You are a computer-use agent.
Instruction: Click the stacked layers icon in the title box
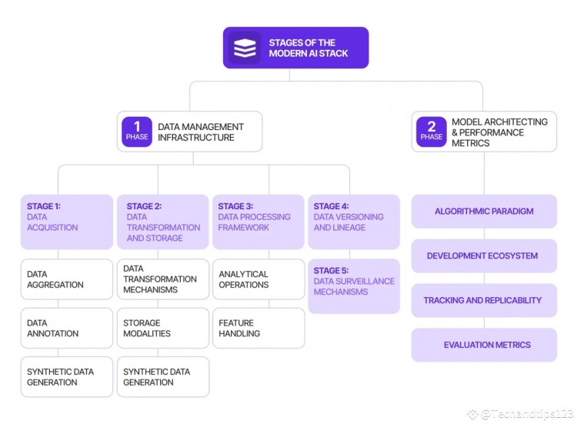click(x=245, y=48)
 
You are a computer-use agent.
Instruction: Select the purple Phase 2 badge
click(x=431, y=132)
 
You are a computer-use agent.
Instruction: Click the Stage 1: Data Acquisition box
click(x=67, y=222)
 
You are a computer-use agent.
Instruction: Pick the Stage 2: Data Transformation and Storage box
click(x=162, y=222)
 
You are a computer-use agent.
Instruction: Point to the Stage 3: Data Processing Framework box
click(x=258, y=222)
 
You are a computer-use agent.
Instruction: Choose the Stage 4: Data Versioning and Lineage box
click(x=354, y=222)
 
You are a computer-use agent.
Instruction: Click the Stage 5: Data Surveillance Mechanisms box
click(x=354, y=286)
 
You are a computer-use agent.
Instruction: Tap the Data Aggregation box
click(x=67, y=279)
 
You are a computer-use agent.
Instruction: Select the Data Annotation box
click(x=67, y=328)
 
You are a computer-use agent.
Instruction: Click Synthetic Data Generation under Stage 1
click(x=67, y=376)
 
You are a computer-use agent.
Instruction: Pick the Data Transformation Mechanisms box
click(x=162, y=279)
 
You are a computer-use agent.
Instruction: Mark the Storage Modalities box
click(x=162, y=328)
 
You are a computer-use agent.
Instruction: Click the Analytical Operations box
click(x=258, y=279)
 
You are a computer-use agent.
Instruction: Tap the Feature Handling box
click(x=258, y=328)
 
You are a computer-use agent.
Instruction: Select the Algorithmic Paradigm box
click(x=484, y=211)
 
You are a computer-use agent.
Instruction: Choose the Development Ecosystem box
click(x=484, y=255)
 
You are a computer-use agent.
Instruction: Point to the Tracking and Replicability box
click(x=484, y=300)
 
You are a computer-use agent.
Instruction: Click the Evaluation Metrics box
click(x=484, y=345)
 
